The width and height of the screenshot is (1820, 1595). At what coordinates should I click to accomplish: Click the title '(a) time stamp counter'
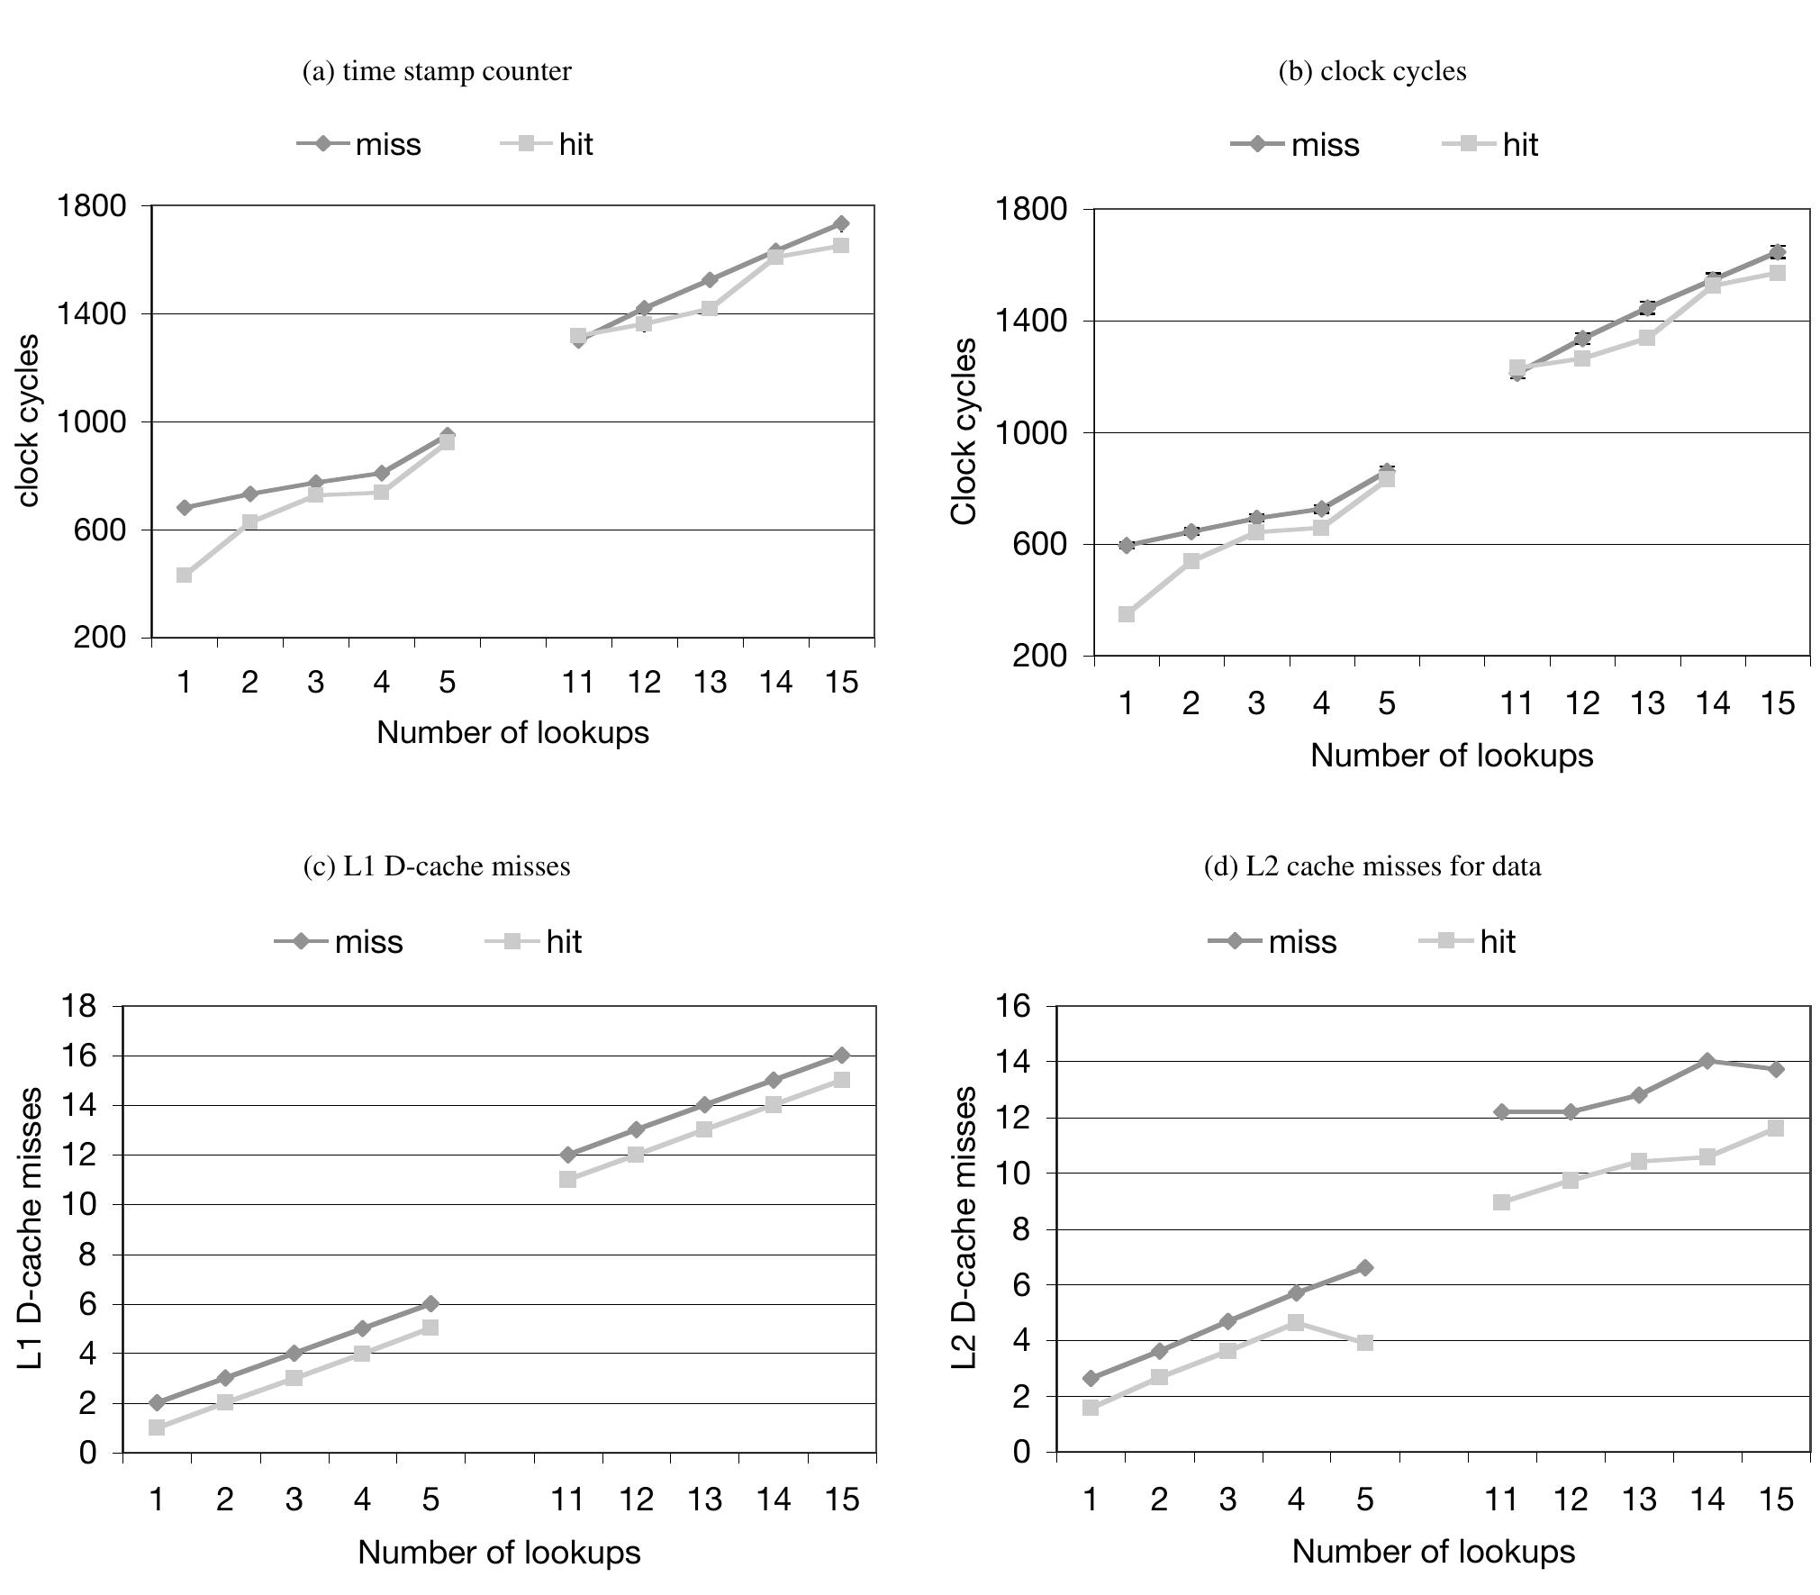tap(436, 71)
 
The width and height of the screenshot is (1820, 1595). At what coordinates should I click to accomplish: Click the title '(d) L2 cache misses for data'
tap(1372, 866)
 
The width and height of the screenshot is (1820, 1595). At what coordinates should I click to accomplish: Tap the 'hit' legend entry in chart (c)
tap(534, 942)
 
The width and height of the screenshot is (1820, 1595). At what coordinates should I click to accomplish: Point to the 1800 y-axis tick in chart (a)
tap(92, 206)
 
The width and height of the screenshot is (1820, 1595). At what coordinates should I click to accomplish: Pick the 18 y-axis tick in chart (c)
tap(79, 1006)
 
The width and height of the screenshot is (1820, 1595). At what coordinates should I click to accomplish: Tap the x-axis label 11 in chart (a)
tap(578, 684)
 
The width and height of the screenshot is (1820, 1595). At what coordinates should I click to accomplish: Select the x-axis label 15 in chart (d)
tap(1776, 1500)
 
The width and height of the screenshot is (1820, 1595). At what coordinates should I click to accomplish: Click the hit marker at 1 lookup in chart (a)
tap(185, 575)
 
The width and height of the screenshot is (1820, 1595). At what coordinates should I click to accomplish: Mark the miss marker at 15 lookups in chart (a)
tap(840, 223)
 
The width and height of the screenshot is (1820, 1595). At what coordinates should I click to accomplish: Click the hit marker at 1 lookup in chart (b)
tap(1127, 614)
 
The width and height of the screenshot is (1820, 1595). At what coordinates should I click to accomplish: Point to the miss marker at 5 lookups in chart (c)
tap(430, 1304)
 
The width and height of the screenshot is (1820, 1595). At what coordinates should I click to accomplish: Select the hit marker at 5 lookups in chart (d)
tap(1365, 1343)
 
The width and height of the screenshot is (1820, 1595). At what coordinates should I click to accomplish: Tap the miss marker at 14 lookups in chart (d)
tap(1707, 1061)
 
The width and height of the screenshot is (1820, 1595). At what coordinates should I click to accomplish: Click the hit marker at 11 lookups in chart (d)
tap(1501, 1202)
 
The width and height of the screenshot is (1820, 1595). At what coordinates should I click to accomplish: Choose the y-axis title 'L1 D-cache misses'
tap(31, 1228)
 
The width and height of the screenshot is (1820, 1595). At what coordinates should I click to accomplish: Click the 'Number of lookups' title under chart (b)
tap(1451, 756)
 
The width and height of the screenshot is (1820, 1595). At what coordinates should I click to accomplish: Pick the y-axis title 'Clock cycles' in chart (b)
tap(964, 431)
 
